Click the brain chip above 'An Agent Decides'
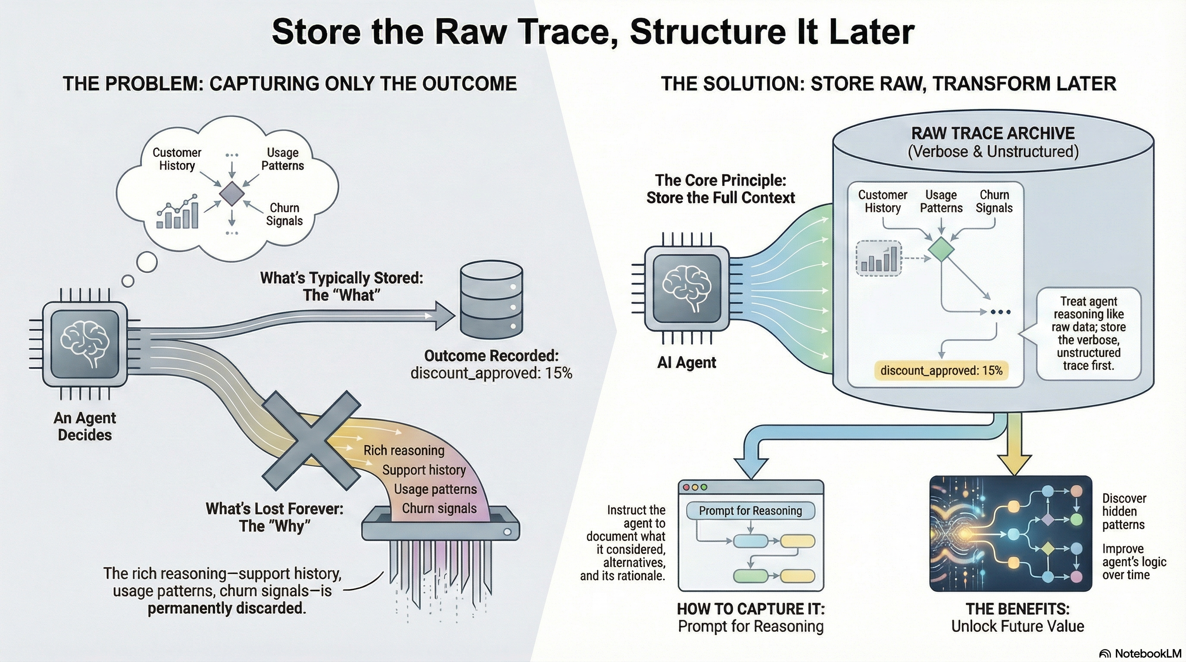pos(85,344)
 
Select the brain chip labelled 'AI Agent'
pos(687,289)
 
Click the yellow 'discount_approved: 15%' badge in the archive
pos(941,371)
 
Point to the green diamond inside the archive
pos(941,249)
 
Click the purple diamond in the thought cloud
pos(231,194)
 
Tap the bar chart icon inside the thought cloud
pos(178,212)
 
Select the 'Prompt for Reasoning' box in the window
pos(750,511)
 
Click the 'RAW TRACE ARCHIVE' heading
pos(992,133)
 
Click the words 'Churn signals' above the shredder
pos(439,508)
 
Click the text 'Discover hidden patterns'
pos(1124,512)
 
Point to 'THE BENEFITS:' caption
pos(1017,609)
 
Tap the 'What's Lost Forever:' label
pos(275,509)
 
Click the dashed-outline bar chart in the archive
pos(878,258)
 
